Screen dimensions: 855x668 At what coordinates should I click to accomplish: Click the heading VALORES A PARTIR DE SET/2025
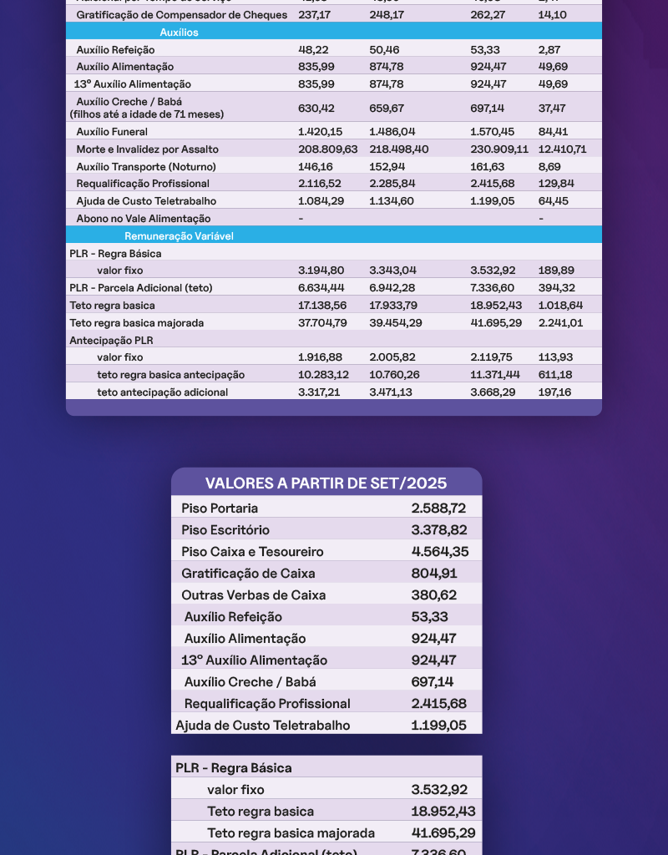tap(326, 483)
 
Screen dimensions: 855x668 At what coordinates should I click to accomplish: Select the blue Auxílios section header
tap(179, 32)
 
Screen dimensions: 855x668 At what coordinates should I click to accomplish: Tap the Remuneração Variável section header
tap(179, 236)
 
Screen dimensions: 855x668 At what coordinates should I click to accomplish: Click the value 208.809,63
tap(327, 149)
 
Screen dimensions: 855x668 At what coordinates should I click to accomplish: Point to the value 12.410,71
tap(562, 149)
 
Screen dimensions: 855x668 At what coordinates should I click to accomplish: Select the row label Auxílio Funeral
tap(112, 132)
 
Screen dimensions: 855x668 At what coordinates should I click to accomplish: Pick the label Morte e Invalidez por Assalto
tap(143, 149)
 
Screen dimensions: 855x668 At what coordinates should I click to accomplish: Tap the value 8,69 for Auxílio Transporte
tap(549, 166)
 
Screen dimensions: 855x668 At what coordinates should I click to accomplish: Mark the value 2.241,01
tap(559, 322)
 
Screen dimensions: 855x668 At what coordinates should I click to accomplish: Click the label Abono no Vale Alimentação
tap(144, 219)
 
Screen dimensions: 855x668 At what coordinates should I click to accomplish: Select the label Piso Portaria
tap(220, 508)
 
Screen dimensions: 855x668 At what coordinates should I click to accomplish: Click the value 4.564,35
tap(439, 552)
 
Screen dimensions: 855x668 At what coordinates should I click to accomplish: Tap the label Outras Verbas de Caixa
tap(254, 595)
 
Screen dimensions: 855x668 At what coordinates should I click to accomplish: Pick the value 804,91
tap(434, 574)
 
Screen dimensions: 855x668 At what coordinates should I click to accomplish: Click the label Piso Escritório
tap(225, 530)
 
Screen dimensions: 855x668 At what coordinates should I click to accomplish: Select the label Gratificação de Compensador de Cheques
tap(182, 15)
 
